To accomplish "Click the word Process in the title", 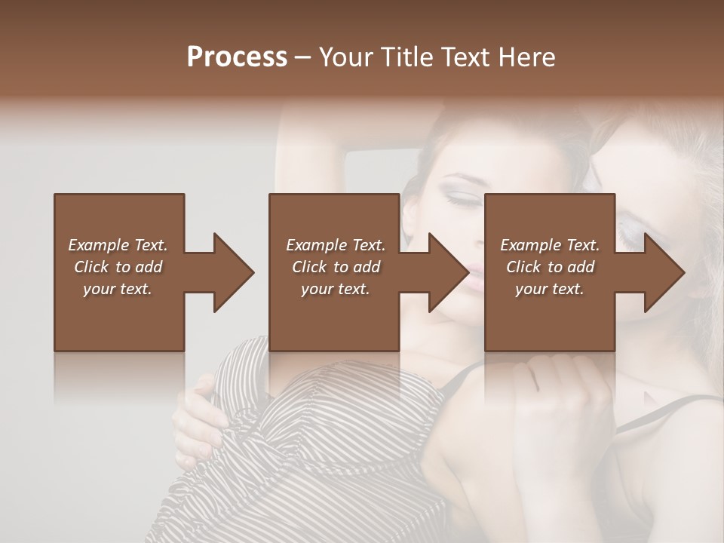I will [x=237, y=57].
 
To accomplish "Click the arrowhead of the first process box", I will [x=231, y=272].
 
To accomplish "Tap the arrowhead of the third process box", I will [x=662, y=272].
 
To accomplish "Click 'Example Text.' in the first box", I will [x=118, y=245].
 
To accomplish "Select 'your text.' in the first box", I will [x=118, y=289].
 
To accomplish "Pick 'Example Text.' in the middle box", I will [x=336, y=245].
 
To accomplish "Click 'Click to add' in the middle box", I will [x=336, y=267].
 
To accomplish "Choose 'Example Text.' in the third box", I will [x=550, y=245].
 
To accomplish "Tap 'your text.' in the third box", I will [x=550, y=289].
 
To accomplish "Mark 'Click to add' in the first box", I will [x=118, y=267].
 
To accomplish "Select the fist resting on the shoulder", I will [x=566, y=392].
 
